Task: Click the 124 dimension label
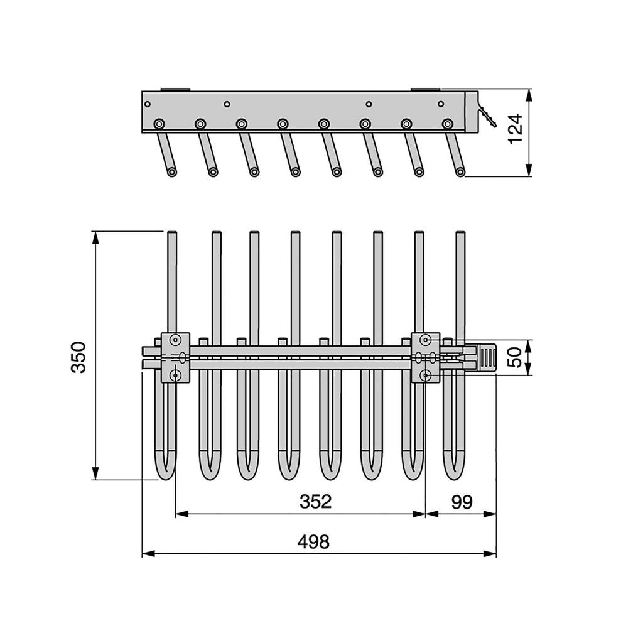[516, 129]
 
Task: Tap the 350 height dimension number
[78, 357]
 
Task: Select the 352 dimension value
[315, 501]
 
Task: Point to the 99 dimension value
[462, 501]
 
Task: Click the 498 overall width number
[313, 542]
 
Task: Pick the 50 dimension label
[515, 357]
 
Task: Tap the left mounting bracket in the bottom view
[176, 357]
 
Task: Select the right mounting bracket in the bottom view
[426, 357]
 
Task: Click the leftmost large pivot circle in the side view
[159, 124]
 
